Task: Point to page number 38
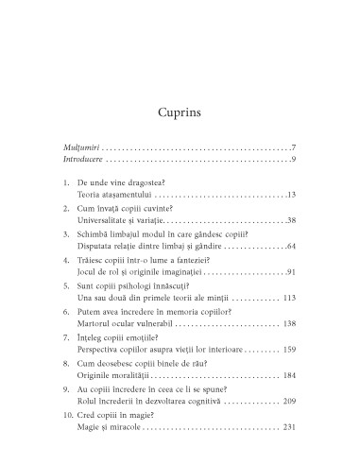[x=292, y=219]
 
